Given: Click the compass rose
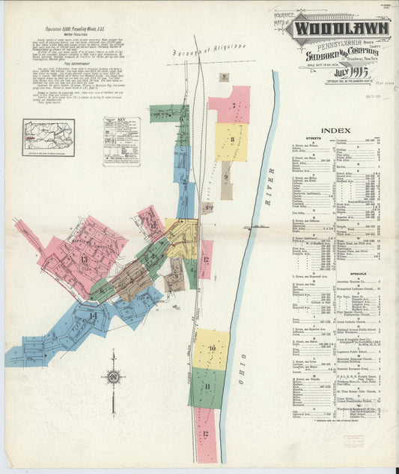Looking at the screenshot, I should tap(113, 375).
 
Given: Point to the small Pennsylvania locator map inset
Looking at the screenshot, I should tap(49, 138).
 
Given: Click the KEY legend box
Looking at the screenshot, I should tap(121, 141).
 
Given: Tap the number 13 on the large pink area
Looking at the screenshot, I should tap(84, 259).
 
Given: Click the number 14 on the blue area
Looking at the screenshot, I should tap(93, 316).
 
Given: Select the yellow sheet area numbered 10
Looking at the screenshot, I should tap(212, 349).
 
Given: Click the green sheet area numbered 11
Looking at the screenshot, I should tap(207, 387).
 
